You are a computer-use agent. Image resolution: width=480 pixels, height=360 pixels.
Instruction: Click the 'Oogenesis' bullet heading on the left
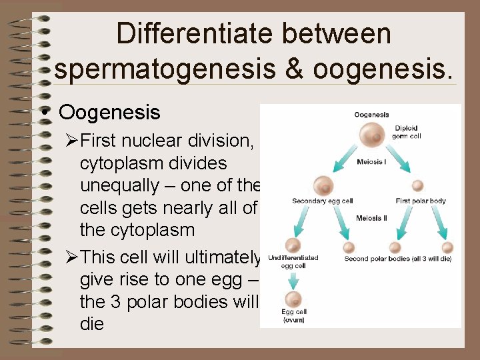point(109,111)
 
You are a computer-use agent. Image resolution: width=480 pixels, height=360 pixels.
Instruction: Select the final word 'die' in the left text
point(92,325)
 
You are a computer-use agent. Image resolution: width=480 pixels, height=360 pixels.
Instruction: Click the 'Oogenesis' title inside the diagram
point(371,115)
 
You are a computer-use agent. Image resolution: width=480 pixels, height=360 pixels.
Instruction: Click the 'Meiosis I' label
point(371,161)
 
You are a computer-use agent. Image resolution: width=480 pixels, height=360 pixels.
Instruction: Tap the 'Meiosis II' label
point(371,218)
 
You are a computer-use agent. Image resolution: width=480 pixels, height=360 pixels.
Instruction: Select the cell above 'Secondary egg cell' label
point(323,185)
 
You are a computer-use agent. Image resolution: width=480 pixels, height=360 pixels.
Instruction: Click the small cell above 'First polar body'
point(417,185)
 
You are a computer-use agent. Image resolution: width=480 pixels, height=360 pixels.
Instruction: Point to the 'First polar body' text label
point(420,200)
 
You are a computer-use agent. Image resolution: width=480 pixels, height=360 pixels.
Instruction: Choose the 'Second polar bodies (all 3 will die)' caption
point(397,259)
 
